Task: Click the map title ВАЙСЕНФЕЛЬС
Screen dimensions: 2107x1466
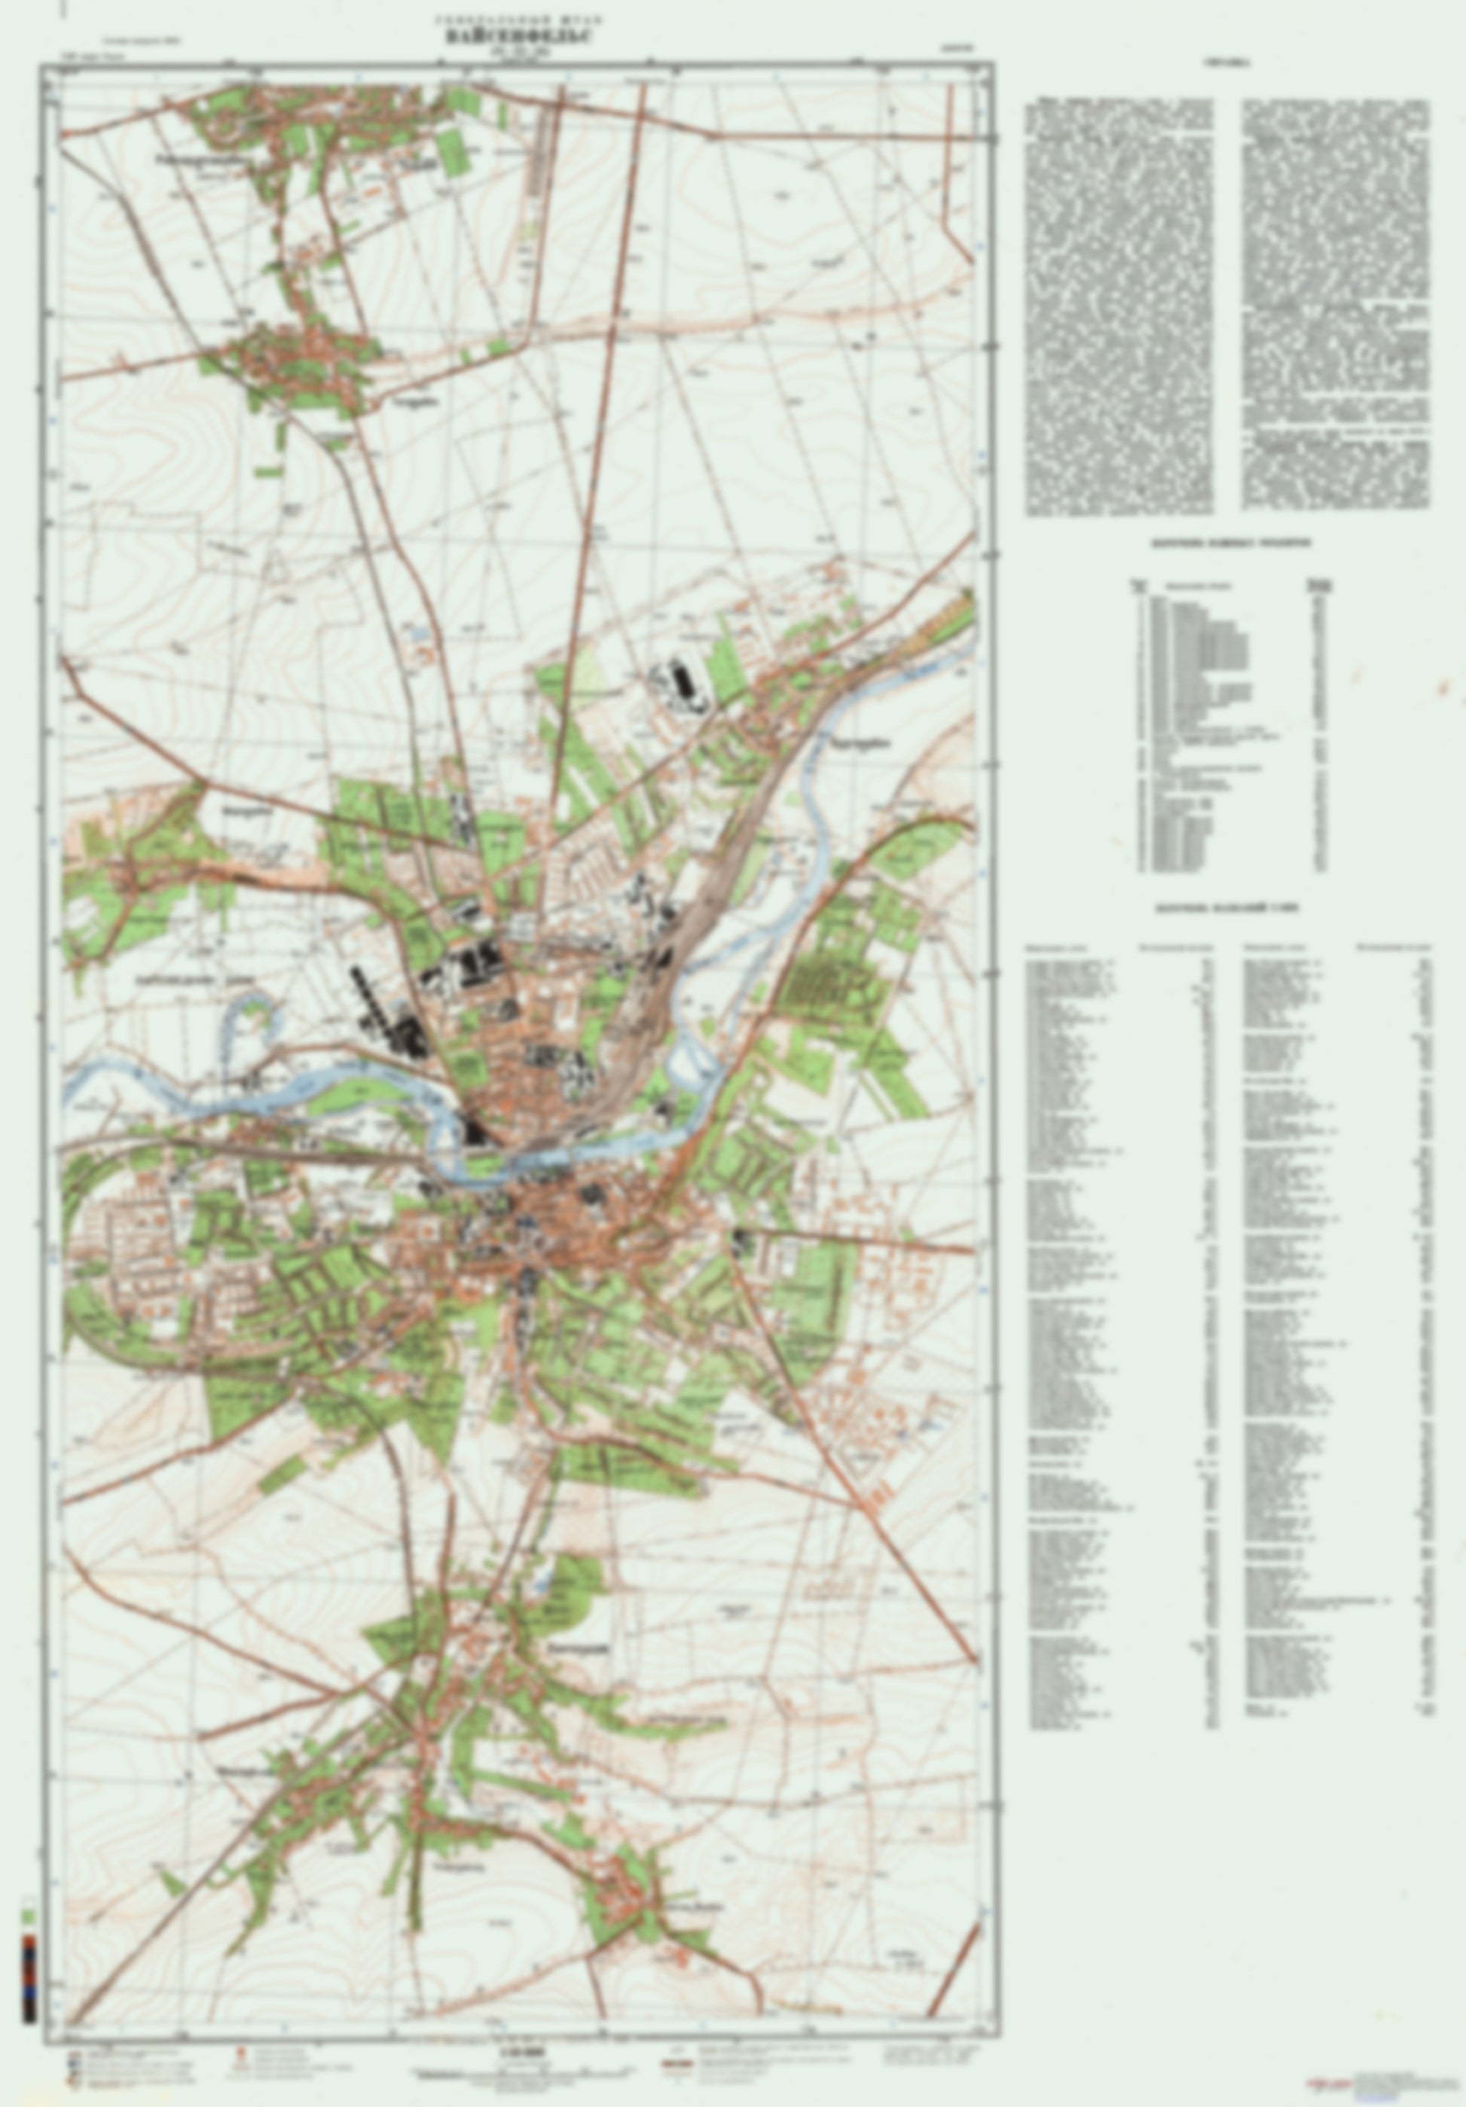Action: click(518, 38)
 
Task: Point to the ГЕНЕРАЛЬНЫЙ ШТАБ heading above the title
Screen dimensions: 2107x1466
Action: click(518, 18)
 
